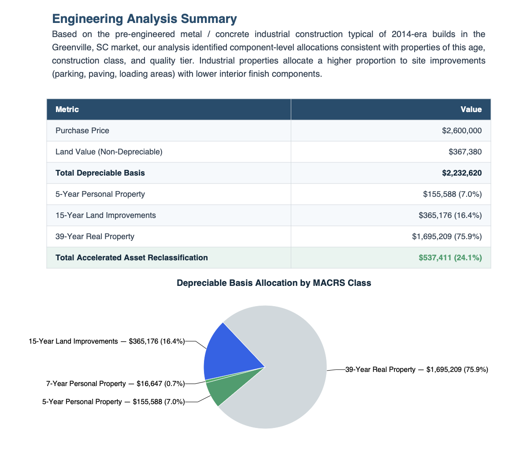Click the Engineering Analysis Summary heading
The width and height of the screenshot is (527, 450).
click(x=144, y=19)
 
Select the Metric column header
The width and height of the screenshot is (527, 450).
click(x=67, y=109)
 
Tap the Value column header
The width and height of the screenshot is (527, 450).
click(x=471, y=109)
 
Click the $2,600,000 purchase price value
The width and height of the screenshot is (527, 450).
click(x=461, y=131)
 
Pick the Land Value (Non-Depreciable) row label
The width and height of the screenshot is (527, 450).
click(x=109, y=152)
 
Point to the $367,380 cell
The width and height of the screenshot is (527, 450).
click(x=465, y=152)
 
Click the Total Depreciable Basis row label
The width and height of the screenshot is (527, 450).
click(x=100, y=173)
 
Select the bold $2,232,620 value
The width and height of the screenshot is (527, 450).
click(x=461, y=173)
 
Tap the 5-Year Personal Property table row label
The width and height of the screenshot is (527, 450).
click(x=100, y=194)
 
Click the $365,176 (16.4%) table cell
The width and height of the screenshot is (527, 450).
click(x=450, y=215)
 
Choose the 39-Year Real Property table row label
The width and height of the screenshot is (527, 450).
click(x=95, y=236)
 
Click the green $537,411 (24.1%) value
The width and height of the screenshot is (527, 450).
click(x=450, y=258)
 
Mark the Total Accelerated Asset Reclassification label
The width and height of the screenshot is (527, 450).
click(x=131, y=258)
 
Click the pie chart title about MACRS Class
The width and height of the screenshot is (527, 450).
click(x=274, y=283)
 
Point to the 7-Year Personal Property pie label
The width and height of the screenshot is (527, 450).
click(x=115, y=384)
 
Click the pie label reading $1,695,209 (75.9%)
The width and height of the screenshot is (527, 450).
click(x=416, y=370)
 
